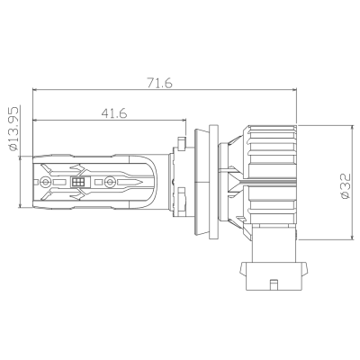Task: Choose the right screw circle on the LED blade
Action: (x=110, y=182)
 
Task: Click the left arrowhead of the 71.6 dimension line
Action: (x=36, y=90)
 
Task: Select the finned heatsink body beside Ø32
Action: (x=270, y=180)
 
